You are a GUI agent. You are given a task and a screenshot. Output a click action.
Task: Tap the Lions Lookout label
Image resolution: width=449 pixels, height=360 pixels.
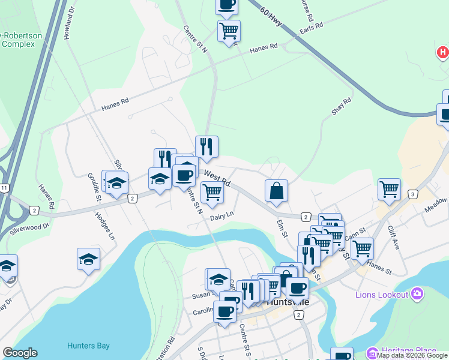pos(382,295)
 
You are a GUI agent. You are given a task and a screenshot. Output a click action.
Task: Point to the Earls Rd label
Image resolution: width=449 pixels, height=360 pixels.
pos(312,28)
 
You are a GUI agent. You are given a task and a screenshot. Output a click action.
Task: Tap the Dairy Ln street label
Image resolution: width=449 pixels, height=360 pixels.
pos(221,215)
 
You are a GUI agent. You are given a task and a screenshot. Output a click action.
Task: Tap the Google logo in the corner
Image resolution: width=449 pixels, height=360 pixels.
pos(20,353)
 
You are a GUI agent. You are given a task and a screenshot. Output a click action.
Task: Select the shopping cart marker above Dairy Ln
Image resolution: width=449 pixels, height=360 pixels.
pos(212,192)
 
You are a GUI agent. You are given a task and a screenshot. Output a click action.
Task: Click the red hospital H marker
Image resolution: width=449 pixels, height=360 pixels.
pos(442,53)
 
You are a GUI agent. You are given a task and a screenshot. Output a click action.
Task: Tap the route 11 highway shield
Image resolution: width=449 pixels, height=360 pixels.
pos(4,188)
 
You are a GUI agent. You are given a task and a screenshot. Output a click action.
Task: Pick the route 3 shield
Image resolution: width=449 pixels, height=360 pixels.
pos(412,194)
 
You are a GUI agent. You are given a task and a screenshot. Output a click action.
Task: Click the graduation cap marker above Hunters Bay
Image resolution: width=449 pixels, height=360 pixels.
pos(89,259)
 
